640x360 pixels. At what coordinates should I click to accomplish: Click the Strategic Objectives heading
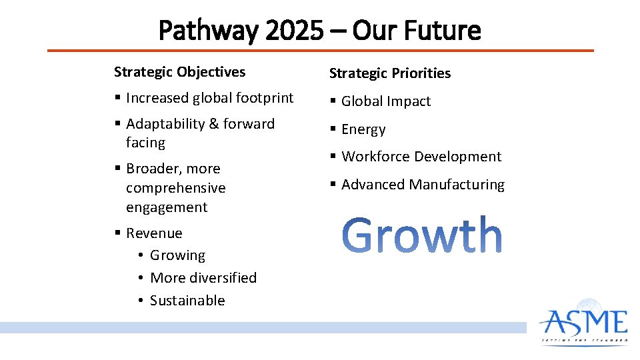(179, 72)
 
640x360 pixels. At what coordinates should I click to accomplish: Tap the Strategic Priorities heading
(389, 73)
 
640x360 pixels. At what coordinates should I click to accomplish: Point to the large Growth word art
(422, 235)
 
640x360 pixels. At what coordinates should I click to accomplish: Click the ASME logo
(584, 323)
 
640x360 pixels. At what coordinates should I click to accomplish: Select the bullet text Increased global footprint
(209, 98)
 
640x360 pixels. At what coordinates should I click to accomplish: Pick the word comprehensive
(176, 188)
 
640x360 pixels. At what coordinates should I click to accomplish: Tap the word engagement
(167, 207)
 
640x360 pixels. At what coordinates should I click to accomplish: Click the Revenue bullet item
(154, 233)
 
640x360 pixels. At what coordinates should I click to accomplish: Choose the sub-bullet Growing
(177, 255)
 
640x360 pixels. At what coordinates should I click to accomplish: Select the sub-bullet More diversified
(203, 278)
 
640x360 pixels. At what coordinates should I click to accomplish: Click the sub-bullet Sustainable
(187, 301)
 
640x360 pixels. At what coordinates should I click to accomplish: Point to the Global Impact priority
(385, 101)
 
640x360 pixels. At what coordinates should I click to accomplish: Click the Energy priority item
(363, 129)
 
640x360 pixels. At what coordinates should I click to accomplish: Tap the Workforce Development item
(421, 157)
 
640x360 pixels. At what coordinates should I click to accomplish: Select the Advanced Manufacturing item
(423, 185)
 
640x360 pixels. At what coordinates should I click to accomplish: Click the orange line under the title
(320, 50)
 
